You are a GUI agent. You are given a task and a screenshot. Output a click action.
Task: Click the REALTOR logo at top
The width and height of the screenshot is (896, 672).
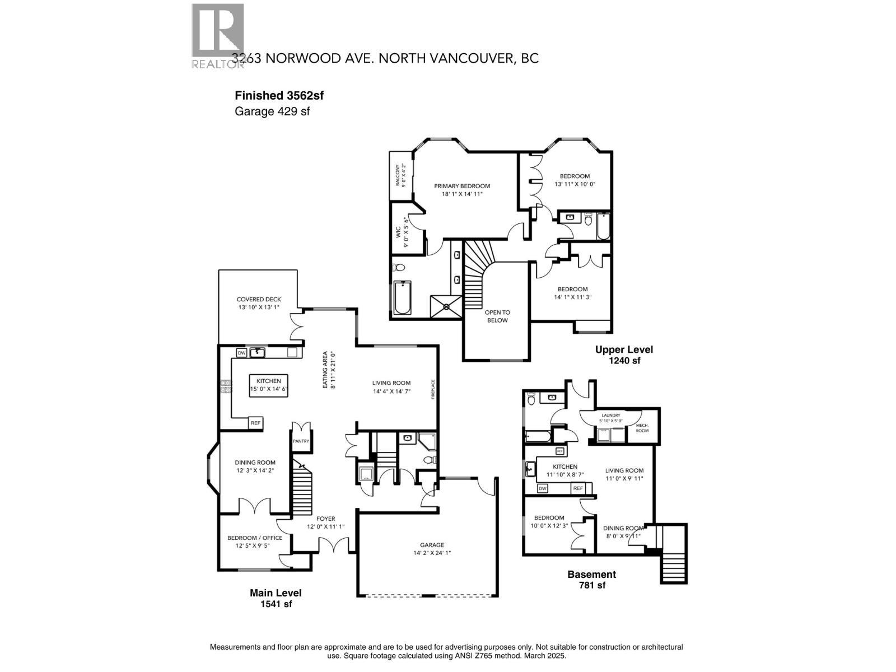click(218, 35)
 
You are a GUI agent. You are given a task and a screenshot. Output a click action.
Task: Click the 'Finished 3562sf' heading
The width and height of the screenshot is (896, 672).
click(279, 95)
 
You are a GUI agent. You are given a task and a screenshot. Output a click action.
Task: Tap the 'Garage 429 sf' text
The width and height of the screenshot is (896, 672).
click(272, 111)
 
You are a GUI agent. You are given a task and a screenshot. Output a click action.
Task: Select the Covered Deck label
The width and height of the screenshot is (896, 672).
click(259, 303)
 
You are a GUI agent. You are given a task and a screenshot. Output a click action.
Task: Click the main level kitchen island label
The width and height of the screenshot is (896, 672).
click(269, 385)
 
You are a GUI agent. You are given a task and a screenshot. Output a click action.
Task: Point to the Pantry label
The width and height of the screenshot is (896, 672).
click(301, 441)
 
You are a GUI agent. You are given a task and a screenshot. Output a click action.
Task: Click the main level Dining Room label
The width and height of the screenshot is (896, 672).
click(255, 466)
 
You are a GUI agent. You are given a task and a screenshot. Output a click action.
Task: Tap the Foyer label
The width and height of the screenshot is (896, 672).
click(325, 522)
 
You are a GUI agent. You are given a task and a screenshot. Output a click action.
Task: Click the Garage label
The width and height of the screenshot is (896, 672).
click(432, 548)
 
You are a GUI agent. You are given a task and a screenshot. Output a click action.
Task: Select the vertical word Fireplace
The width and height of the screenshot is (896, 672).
click(433, 389)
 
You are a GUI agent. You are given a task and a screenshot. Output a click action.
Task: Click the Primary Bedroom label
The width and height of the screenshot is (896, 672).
click(462, 190)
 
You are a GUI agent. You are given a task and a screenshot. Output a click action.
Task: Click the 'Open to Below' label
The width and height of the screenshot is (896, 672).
click(497, 316)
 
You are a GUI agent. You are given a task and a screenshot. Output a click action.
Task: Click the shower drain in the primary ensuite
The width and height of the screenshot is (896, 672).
click(446, 306)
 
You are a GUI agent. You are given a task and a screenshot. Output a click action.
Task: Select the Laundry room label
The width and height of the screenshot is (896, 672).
click(610, 417)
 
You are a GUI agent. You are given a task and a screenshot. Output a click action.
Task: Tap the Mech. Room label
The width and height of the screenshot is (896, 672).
click(642, 428)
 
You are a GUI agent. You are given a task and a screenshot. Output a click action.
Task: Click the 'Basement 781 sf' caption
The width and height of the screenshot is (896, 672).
click(591, 580)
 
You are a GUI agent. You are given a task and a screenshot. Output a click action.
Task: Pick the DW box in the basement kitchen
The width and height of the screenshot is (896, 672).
click(542, 489)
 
